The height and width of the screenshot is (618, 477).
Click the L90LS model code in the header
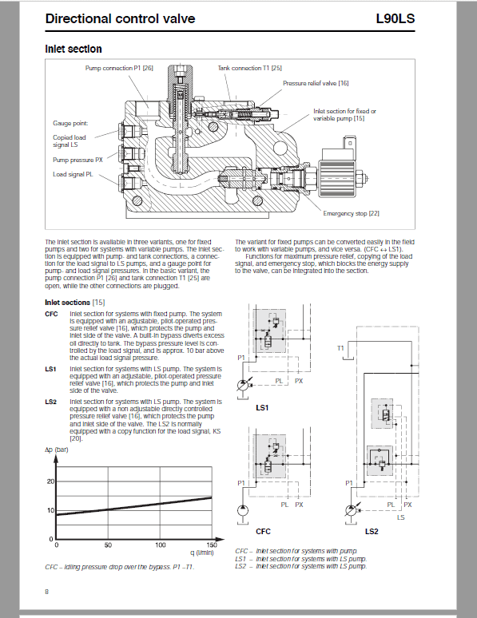click(x=395, y=18)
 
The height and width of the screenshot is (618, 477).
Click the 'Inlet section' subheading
click(x=74, y=49)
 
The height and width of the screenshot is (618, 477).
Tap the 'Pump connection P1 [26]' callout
click(x=119, y=68)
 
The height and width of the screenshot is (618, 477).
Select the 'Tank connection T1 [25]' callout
click(x=250, y=68)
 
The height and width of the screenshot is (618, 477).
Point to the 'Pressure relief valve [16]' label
click(x=316, y=83)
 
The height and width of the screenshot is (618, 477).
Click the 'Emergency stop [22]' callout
click(x=351, y=213)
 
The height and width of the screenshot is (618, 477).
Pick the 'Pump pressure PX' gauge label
click(x=78, y=160)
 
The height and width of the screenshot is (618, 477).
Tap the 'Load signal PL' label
click(x=73, y=174)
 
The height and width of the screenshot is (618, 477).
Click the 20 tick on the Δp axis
click(x=50, y=481)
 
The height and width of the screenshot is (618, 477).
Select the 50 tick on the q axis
click(x=108, y=545)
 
